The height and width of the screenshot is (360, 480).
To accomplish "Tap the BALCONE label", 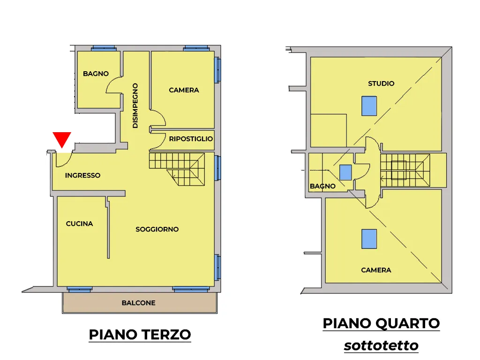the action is point(138,303).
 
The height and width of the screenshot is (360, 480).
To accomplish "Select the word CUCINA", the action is point(79,224).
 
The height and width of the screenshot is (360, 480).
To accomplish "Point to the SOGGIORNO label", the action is point(157,229).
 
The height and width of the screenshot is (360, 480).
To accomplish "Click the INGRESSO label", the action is point(82,175).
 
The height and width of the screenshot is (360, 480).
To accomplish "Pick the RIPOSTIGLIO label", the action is point(191,139).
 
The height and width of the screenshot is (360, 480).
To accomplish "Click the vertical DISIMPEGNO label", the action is point(135,105).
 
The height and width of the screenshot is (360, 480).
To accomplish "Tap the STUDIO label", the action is point(381,83).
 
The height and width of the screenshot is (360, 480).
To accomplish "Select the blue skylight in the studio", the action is point(369,106).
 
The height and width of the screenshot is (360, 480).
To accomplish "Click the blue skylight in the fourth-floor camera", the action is point(369,239).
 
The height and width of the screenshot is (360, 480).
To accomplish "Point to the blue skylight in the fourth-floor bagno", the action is point(345,172).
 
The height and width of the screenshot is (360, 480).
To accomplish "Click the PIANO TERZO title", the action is point(140,334).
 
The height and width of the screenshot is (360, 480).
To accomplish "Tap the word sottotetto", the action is point(381,345).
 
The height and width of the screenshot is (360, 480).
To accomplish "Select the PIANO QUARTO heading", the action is point(381,323).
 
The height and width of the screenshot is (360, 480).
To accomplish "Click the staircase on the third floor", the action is point(177,169).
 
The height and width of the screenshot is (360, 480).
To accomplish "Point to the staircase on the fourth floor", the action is point(405,170).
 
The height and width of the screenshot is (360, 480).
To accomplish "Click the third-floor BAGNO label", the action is point(96,74).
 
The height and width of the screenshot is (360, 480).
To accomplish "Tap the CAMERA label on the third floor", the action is point(184,90).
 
